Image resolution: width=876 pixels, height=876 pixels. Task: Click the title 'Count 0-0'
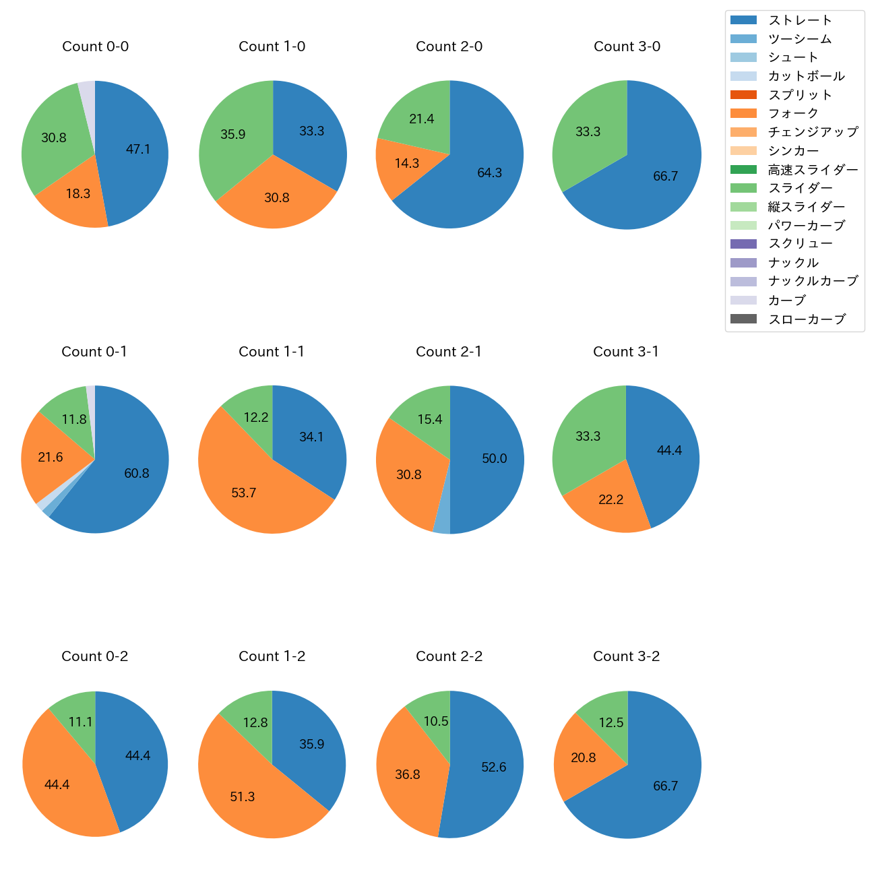tap(95, 46)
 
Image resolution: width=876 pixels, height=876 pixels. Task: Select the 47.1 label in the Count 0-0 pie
tap(138, 149)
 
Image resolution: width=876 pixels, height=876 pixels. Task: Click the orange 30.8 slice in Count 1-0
tap(276, 197)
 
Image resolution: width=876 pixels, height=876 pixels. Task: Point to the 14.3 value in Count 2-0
tap(407, 163)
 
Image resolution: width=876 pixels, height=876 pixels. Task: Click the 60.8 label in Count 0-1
tap(137, 473)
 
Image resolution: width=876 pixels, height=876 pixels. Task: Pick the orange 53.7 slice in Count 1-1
tap(244, 493)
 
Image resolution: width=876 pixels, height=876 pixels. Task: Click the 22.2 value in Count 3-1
tap(611, 499)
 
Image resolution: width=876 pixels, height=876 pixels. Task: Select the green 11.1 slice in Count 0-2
tap(80, 722)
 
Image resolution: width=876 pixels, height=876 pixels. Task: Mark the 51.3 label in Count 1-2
tap(243, 796)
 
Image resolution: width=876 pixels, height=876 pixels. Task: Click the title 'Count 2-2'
tap(449, 656)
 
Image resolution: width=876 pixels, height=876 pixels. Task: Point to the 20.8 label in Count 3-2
tap(584, 757)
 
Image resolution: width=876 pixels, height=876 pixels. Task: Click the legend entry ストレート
tap(800, 20)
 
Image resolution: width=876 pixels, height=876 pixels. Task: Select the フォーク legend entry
tap(793, 113)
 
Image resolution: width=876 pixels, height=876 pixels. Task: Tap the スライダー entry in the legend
tap(800, 188)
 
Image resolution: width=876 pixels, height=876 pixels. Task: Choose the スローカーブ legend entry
tap(807, 319)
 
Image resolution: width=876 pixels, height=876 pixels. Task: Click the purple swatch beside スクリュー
tap(743, 244)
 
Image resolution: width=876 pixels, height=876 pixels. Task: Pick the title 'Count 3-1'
tap(626, 352)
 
